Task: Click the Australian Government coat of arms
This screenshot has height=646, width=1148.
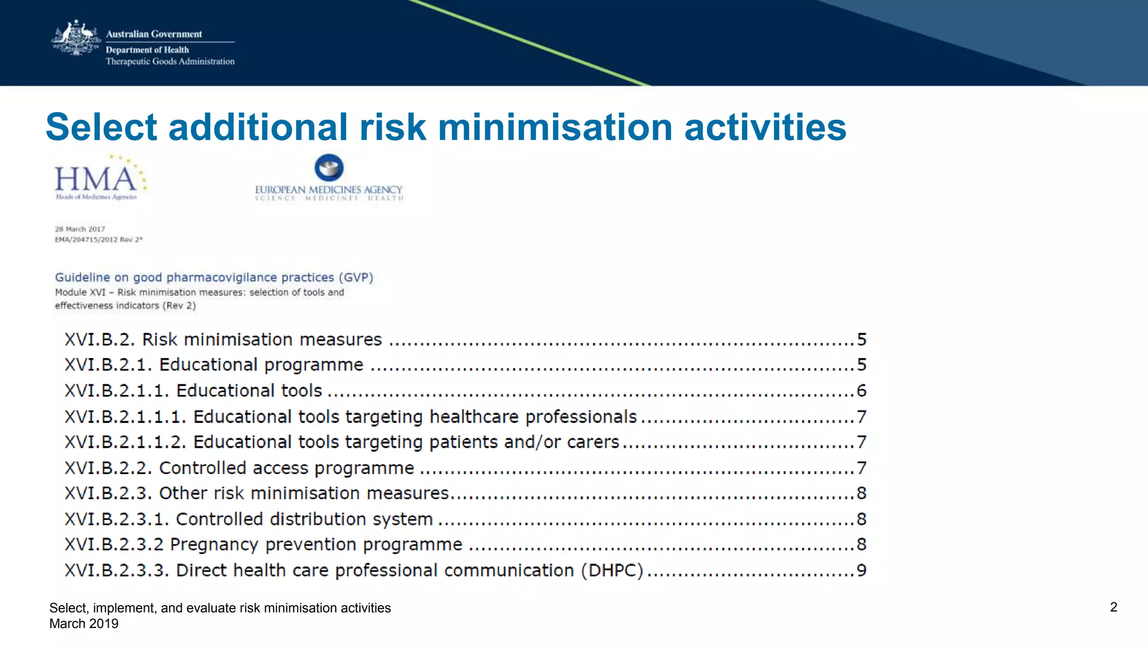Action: tap(75, 38)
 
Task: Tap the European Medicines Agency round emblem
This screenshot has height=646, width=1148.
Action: tap(329, 168)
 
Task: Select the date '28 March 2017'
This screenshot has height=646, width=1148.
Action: tap(80, 229)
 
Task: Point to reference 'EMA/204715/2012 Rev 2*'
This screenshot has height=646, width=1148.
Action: tap(99, 240)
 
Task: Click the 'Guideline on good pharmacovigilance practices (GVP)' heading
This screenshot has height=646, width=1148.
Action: tap(214, 277)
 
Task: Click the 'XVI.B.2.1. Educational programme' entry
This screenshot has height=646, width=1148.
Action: tap(214, 365)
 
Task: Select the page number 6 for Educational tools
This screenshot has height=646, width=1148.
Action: tap(862, 391)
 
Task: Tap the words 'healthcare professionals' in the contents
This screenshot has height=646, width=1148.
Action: tap(533, 417)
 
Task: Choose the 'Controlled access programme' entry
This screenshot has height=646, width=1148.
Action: tap(286, 468)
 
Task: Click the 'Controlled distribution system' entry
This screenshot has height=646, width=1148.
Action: tap(304, 519)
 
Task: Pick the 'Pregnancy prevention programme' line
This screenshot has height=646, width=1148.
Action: tap(316, 545)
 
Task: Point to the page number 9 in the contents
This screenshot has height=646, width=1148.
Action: tap(862, 570)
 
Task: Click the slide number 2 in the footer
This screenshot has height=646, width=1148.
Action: tap(1113, 607)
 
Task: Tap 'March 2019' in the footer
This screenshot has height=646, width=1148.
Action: tap(84, 624)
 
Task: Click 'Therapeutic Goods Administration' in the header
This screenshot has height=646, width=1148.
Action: tap(170, 62)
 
